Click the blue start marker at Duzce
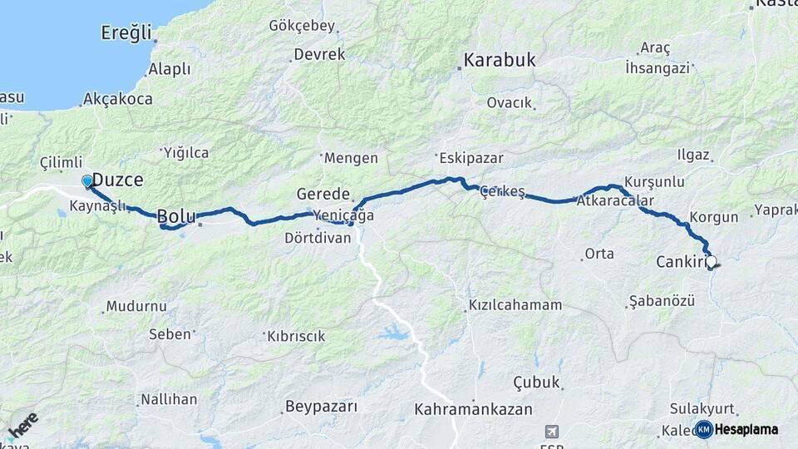(x=87, y=180)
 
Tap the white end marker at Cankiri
(x=711, y=261)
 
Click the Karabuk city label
(x=499, y=61)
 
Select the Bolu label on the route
(x=176, y=217)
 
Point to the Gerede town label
(x=323, y=195)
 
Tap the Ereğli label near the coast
(x=126, y=34)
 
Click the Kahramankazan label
(x=474, y=410)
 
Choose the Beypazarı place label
(x=321, y=407)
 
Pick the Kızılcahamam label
(x=515, y=305)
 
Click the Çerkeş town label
(x=503, y=192)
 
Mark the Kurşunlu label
(x=653, y=181)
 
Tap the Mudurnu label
(x=137, y=307)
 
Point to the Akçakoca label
(x=117, y=99)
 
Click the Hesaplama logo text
(x=747, y=429)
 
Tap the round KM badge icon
(x=704, y=429)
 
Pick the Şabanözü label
(x=662, y=301)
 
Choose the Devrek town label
(x=317, y=55)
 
